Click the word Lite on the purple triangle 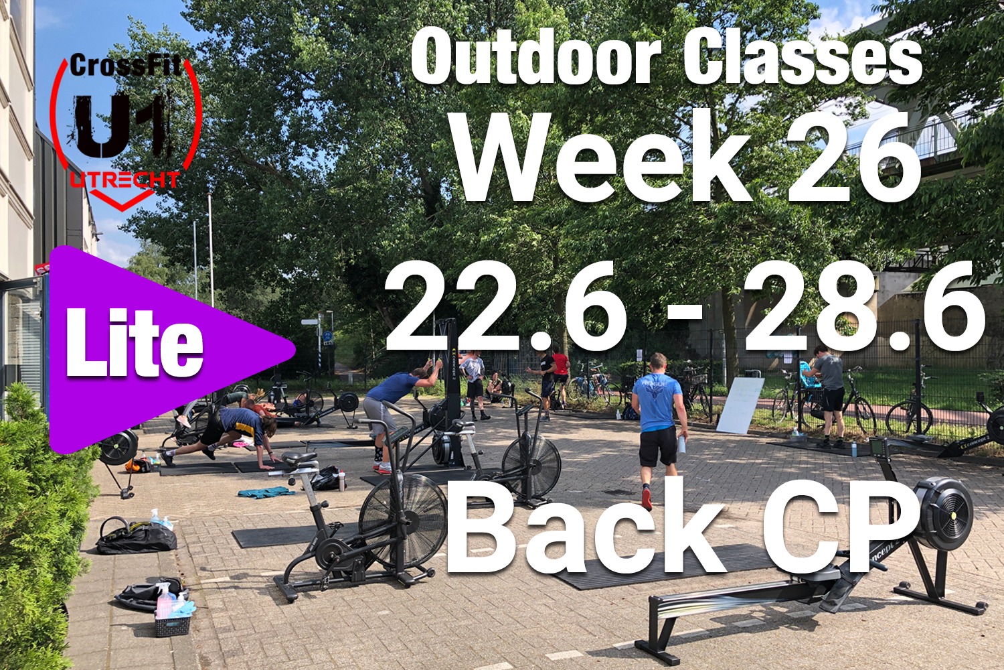pos(135,342)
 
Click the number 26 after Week pos(853,157)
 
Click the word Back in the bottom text pos(586,533)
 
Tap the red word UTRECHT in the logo pos(124,180)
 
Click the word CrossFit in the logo pos(125,66)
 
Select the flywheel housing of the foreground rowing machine pos(941,512)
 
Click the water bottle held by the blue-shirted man pos(682,444)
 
